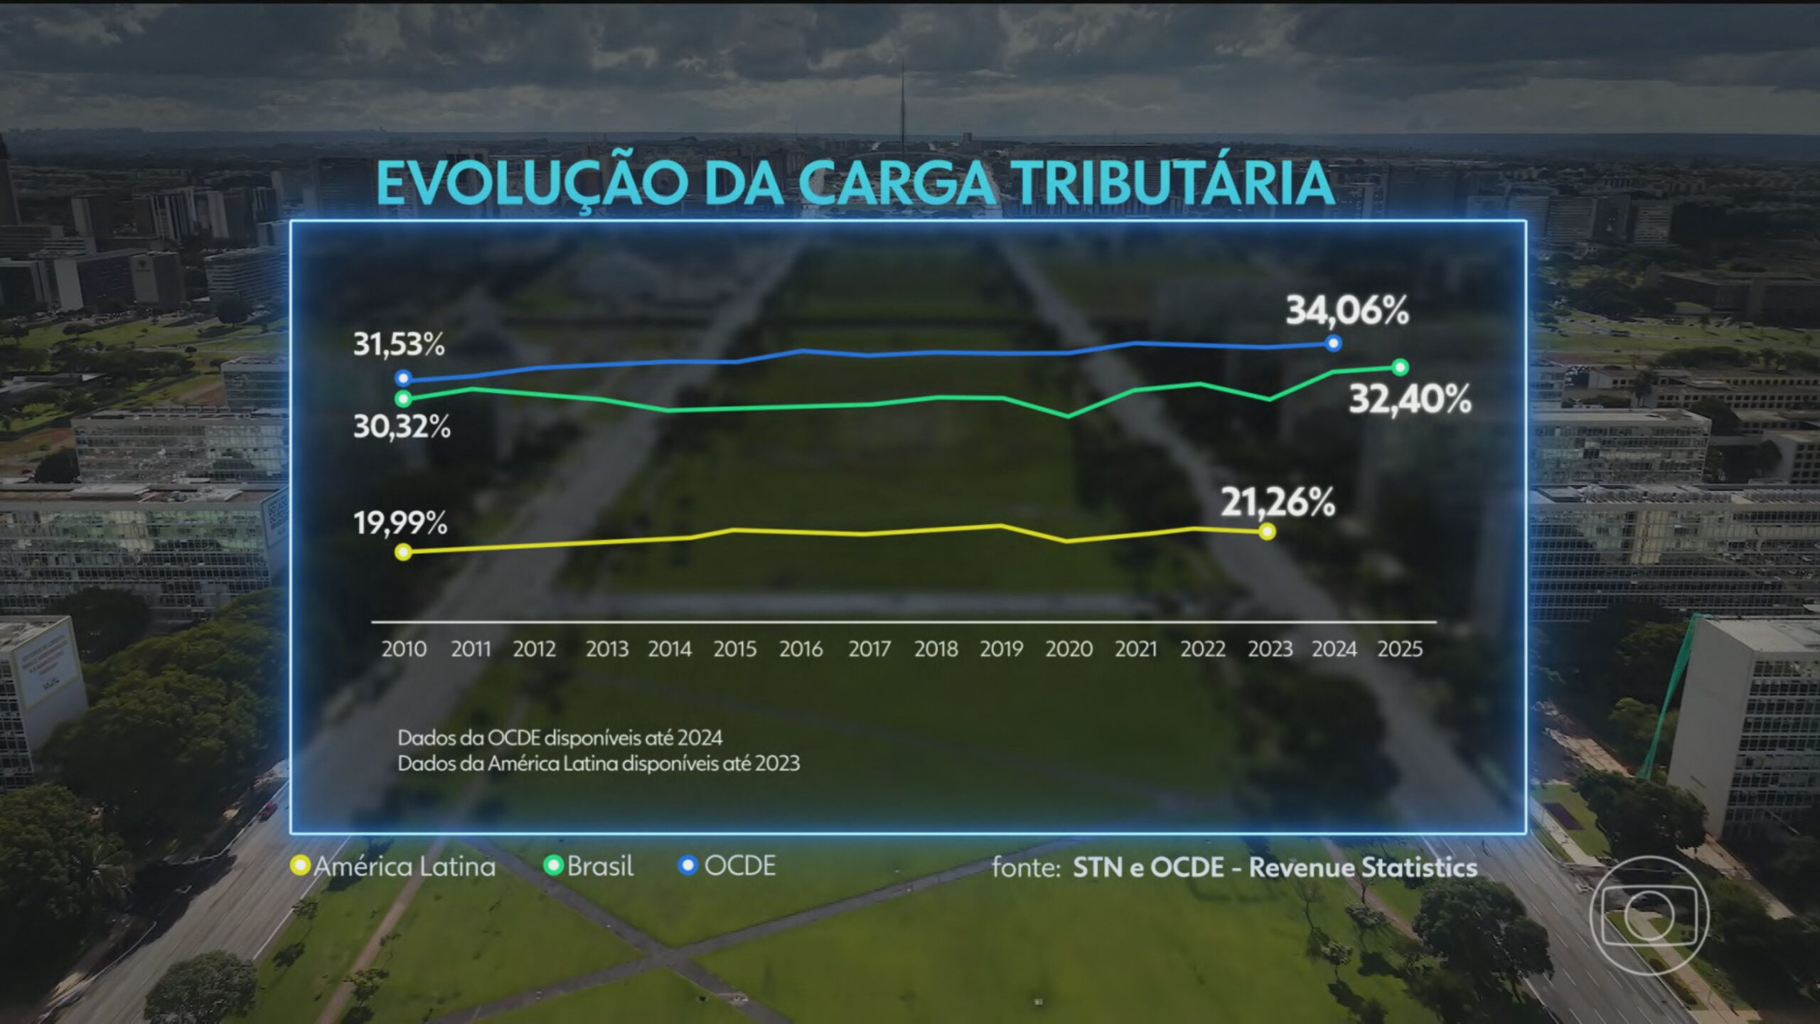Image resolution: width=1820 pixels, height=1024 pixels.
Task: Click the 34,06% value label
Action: pyautogui.click(x=1347, y=311)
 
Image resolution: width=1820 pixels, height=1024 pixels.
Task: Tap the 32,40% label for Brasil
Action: pyautogui.click(x=1410, y=400)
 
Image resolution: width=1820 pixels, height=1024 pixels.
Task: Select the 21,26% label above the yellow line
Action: pyautogui.click(x=1278, y=503)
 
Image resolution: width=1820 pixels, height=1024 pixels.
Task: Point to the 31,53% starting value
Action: pyautogui.click(x=399, y=345)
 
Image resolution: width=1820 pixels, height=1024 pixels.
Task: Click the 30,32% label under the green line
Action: pyautogui.click(x=402, y=427)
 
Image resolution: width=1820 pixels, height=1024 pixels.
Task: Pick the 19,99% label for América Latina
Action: pyautogui.click(x=400, y=523)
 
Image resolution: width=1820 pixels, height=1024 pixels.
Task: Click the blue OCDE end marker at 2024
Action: pyautogui.click(x=1334, y=343)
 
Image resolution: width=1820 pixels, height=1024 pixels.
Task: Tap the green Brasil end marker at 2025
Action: pyautogui.click(x=1400, y=367)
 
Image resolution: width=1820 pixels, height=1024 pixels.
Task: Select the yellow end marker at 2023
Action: pyautogui.click(x=1266, y=532)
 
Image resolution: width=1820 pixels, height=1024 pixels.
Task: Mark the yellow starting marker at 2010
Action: pyautogui.click(x=403, y=552)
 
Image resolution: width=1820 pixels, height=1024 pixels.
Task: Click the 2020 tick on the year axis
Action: pyautogui.click(x=1069, y=649)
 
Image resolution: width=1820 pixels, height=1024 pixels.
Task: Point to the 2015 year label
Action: pyautogui.click(x=735, y=649)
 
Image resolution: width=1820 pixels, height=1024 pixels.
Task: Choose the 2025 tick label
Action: pyautogui.click(x=1400, y=649)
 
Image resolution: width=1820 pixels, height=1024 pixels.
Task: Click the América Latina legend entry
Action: pyautogui.click(x=395, y=866)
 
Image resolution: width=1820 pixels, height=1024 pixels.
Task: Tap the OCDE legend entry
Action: pyautogui.click(x=728, y=866)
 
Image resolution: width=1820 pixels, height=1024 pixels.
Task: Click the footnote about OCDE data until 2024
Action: pyautogui.click(x=560, y=738)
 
